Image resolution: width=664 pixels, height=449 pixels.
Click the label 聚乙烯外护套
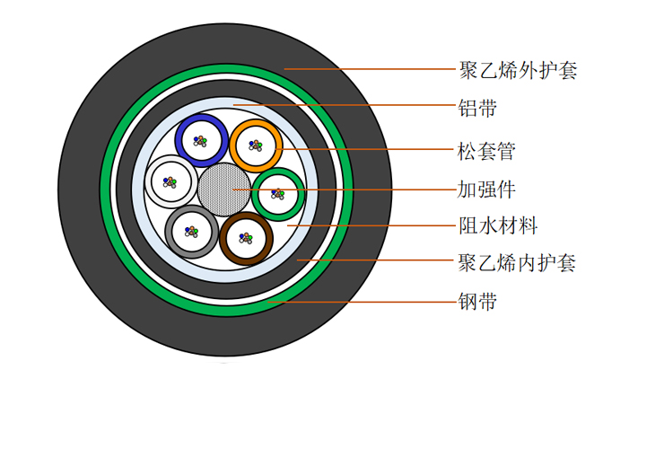[518, 70]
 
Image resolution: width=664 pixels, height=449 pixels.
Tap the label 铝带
[477, 108]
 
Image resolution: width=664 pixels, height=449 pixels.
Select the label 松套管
[486, 151]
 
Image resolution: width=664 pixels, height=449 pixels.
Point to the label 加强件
[486, 189]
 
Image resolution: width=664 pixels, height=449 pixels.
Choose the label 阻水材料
[498, 225]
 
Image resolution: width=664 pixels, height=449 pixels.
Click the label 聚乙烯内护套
[517, 263]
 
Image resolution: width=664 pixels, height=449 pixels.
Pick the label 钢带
[477, 302]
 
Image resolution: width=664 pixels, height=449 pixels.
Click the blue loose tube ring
[178, 140]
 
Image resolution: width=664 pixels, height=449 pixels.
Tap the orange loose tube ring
[232, 145]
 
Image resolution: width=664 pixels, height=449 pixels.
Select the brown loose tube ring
[223, 238]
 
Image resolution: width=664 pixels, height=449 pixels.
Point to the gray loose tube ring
[168, 232]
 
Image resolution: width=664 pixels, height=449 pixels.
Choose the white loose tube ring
[148, 181]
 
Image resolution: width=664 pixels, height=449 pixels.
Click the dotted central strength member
[224, 189]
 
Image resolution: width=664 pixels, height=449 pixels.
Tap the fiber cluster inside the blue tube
[200, 141]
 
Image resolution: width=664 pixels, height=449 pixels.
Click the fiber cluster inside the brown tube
[246, 238]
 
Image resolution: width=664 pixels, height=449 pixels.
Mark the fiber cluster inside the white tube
[170, 182]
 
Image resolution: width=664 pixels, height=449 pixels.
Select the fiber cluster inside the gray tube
[191, 232]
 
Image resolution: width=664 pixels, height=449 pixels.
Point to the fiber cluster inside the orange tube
[256, 145]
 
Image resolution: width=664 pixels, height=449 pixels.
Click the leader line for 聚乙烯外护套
[370, 68]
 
